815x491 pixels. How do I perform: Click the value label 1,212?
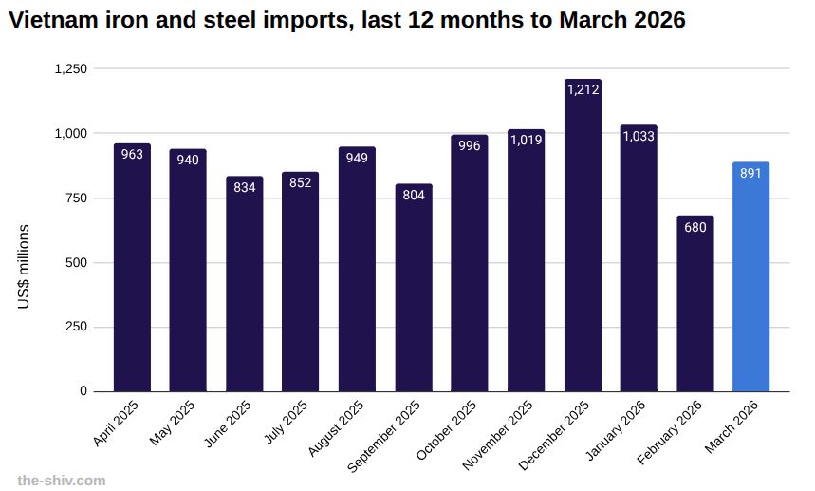(583, 90)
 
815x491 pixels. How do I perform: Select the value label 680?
(695, 227)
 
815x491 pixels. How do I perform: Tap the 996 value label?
(470, 145)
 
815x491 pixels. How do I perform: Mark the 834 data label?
(245, 187)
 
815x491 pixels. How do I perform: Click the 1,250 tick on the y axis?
(70, 69)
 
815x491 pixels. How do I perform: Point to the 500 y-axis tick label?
(77, 263)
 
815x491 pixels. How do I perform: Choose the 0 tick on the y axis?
(83, 391)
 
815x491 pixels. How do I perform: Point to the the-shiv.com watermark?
(62, 481)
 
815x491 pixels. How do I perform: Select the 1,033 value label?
(639, 136)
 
